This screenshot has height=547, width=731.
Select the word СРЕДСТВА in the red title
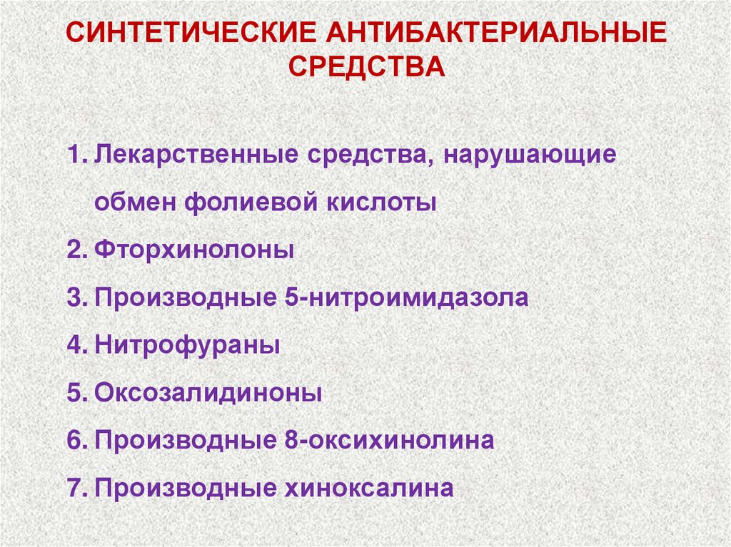tap(365, 67)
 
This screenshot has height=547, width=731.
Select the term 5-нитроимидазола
tap(401, 297)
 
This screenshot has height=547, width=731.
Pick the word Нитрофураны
tap(187, 345)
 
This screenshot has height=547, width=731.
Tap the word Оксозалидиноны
tap(208, 392)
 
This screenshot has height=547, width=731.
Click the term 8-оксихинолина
tap(385, 440)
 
